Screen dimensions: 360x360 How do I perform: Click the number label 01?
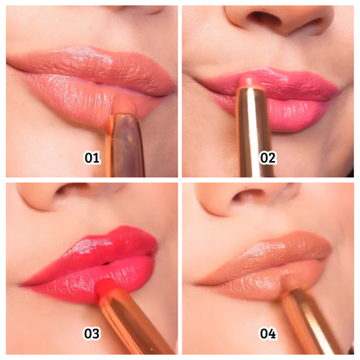(x=92, y=157)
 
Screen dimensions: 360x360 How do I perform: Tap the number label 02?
(x=268, y=157)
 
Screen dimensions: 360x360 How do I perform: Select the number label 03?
(x=92, y=333)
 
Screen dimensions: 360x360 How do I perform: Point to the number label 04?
(x=268, y=333)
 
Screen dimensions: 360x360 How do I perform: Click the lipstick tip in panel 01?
(x=126, y=105)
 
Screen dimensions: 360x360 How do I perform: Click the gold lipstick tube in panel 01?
(x=125, y=145)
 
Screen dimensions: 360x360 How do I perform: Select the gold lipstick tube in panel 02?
(x=254, y=132)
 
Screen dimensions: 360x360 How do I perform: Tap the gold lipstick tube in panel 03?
(x=136, y=320)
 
